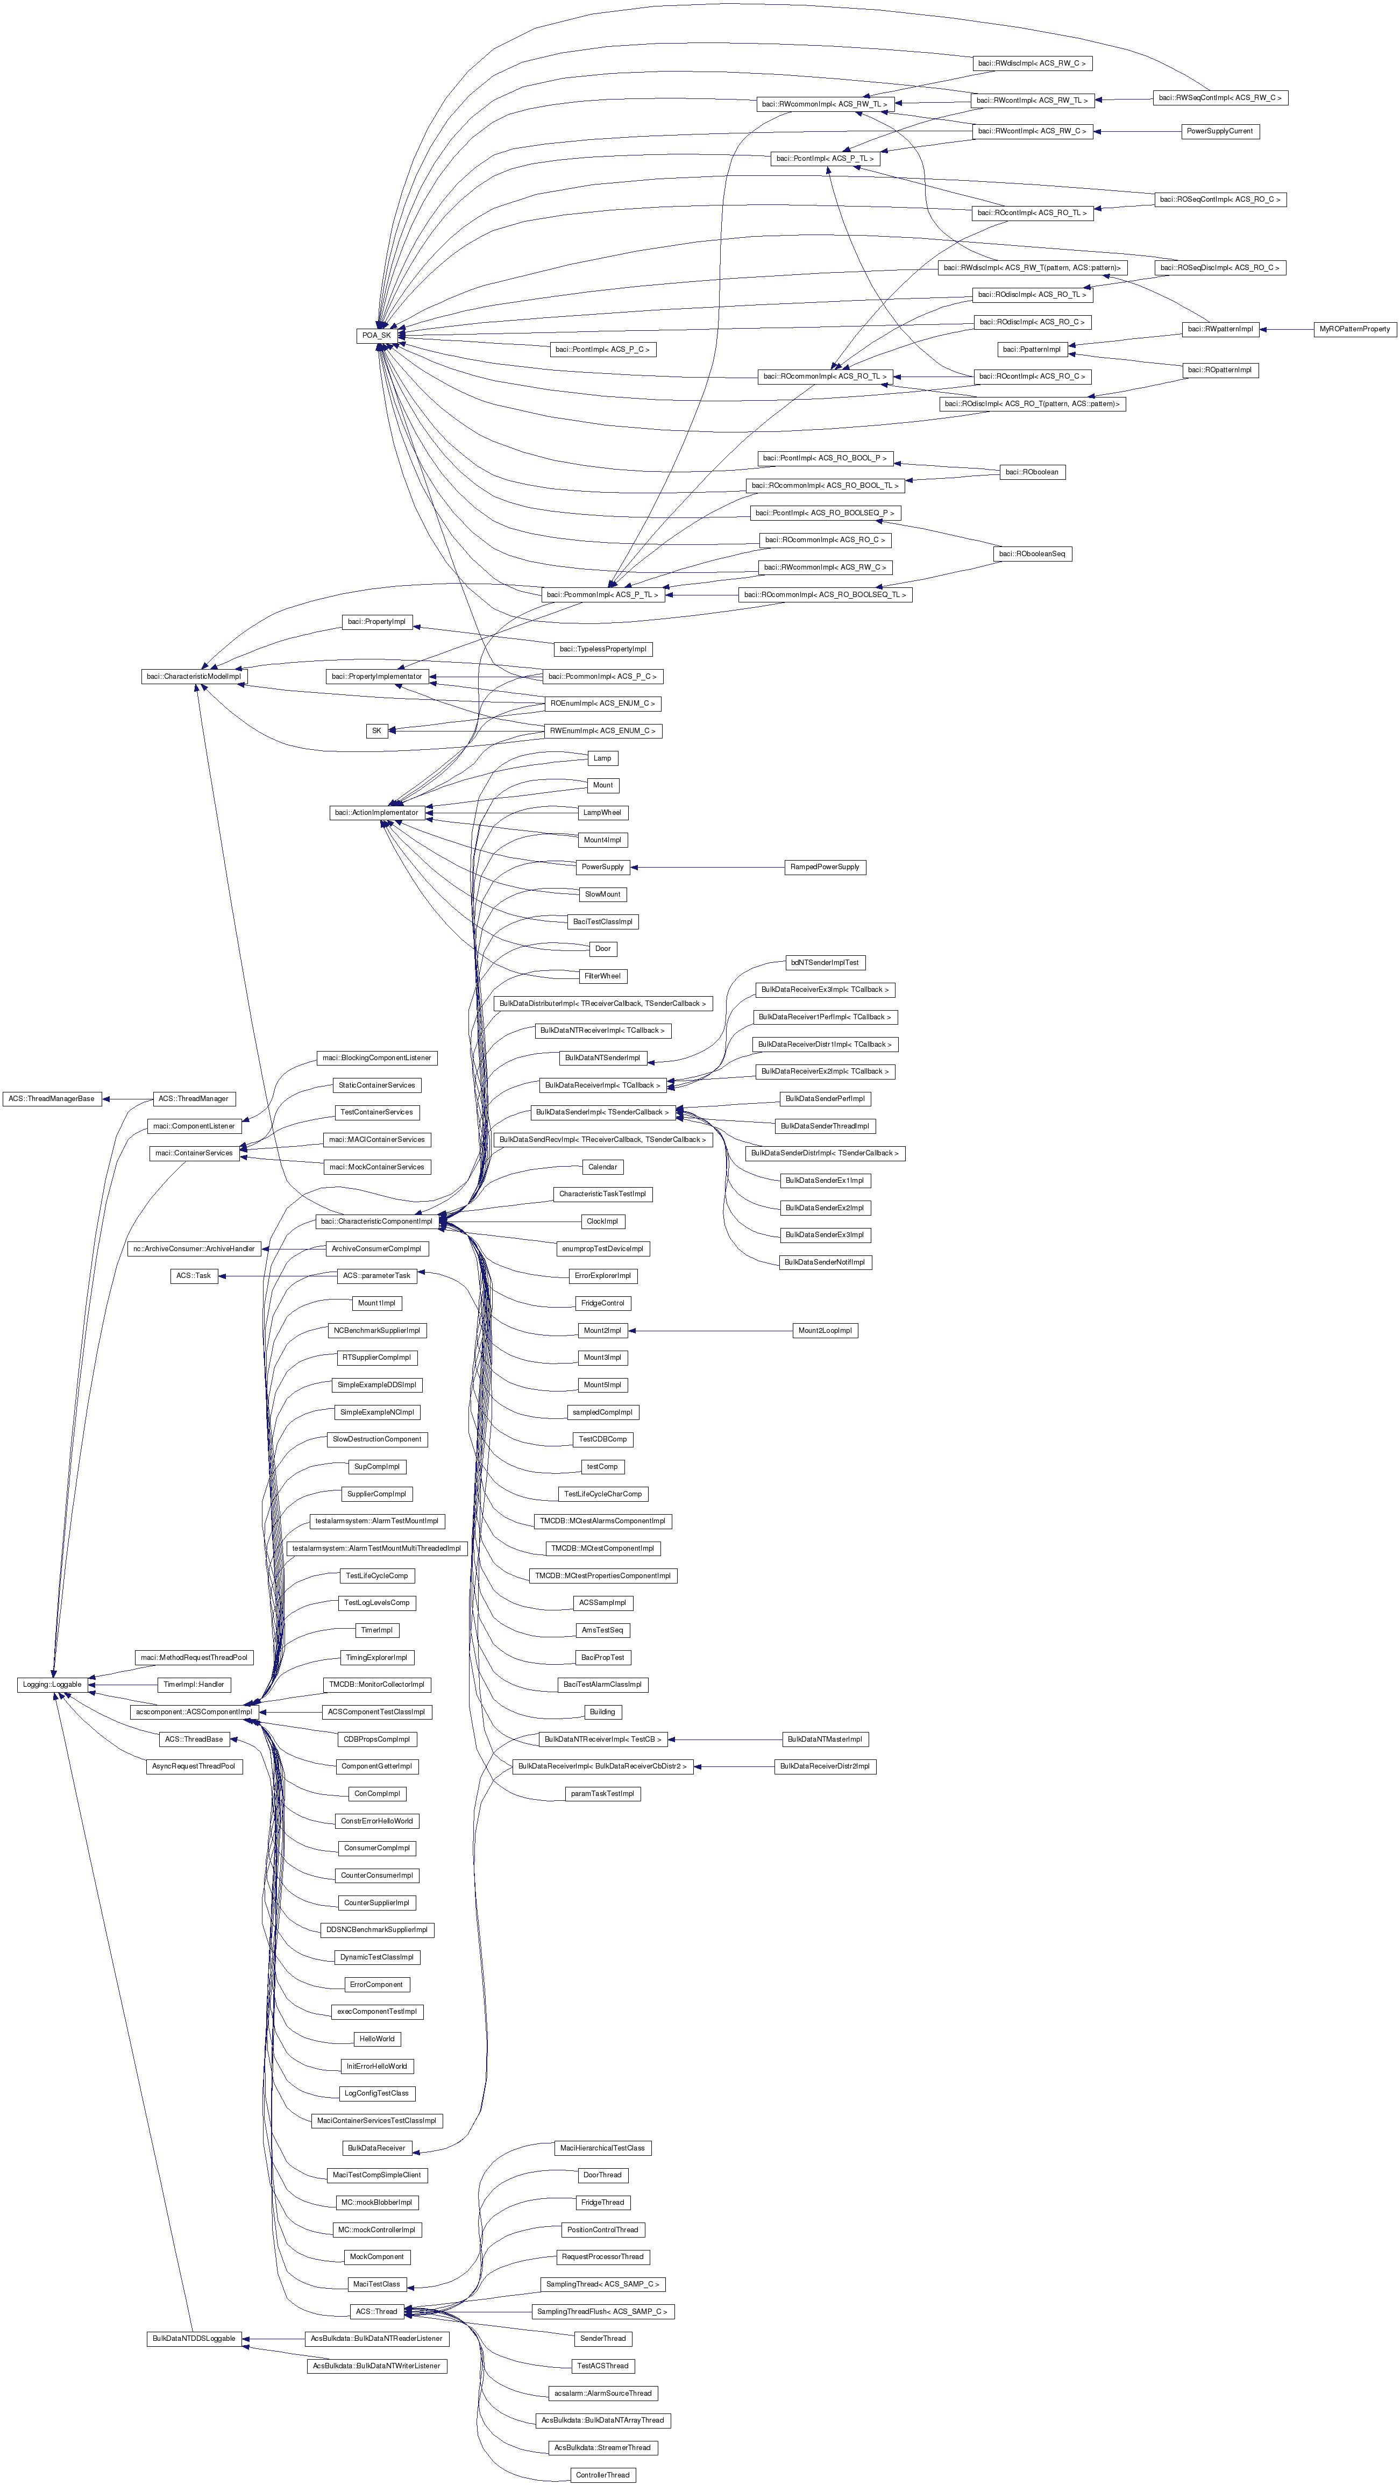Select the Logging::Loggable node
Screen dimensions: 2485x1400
pos(52,1684)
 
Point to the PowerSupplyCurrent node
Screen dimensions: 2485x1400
pos(1220,131)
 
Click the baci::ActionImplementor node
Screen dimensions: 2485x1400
pos(376,812)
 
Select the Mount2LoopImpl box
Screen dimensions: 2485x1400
pos(825,1330)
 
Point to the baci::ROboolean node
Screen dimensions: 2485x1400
pos(1032,472)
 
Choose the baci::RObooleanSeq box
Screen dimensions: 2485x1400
pos(1032,553)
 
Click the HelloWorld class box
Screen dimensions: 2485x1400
pos(376,2039)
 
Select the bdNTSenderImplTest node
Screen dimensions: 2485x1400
pos(824,963)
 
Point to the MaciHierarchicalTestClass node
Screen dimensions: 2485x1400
pos(602,2147)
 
